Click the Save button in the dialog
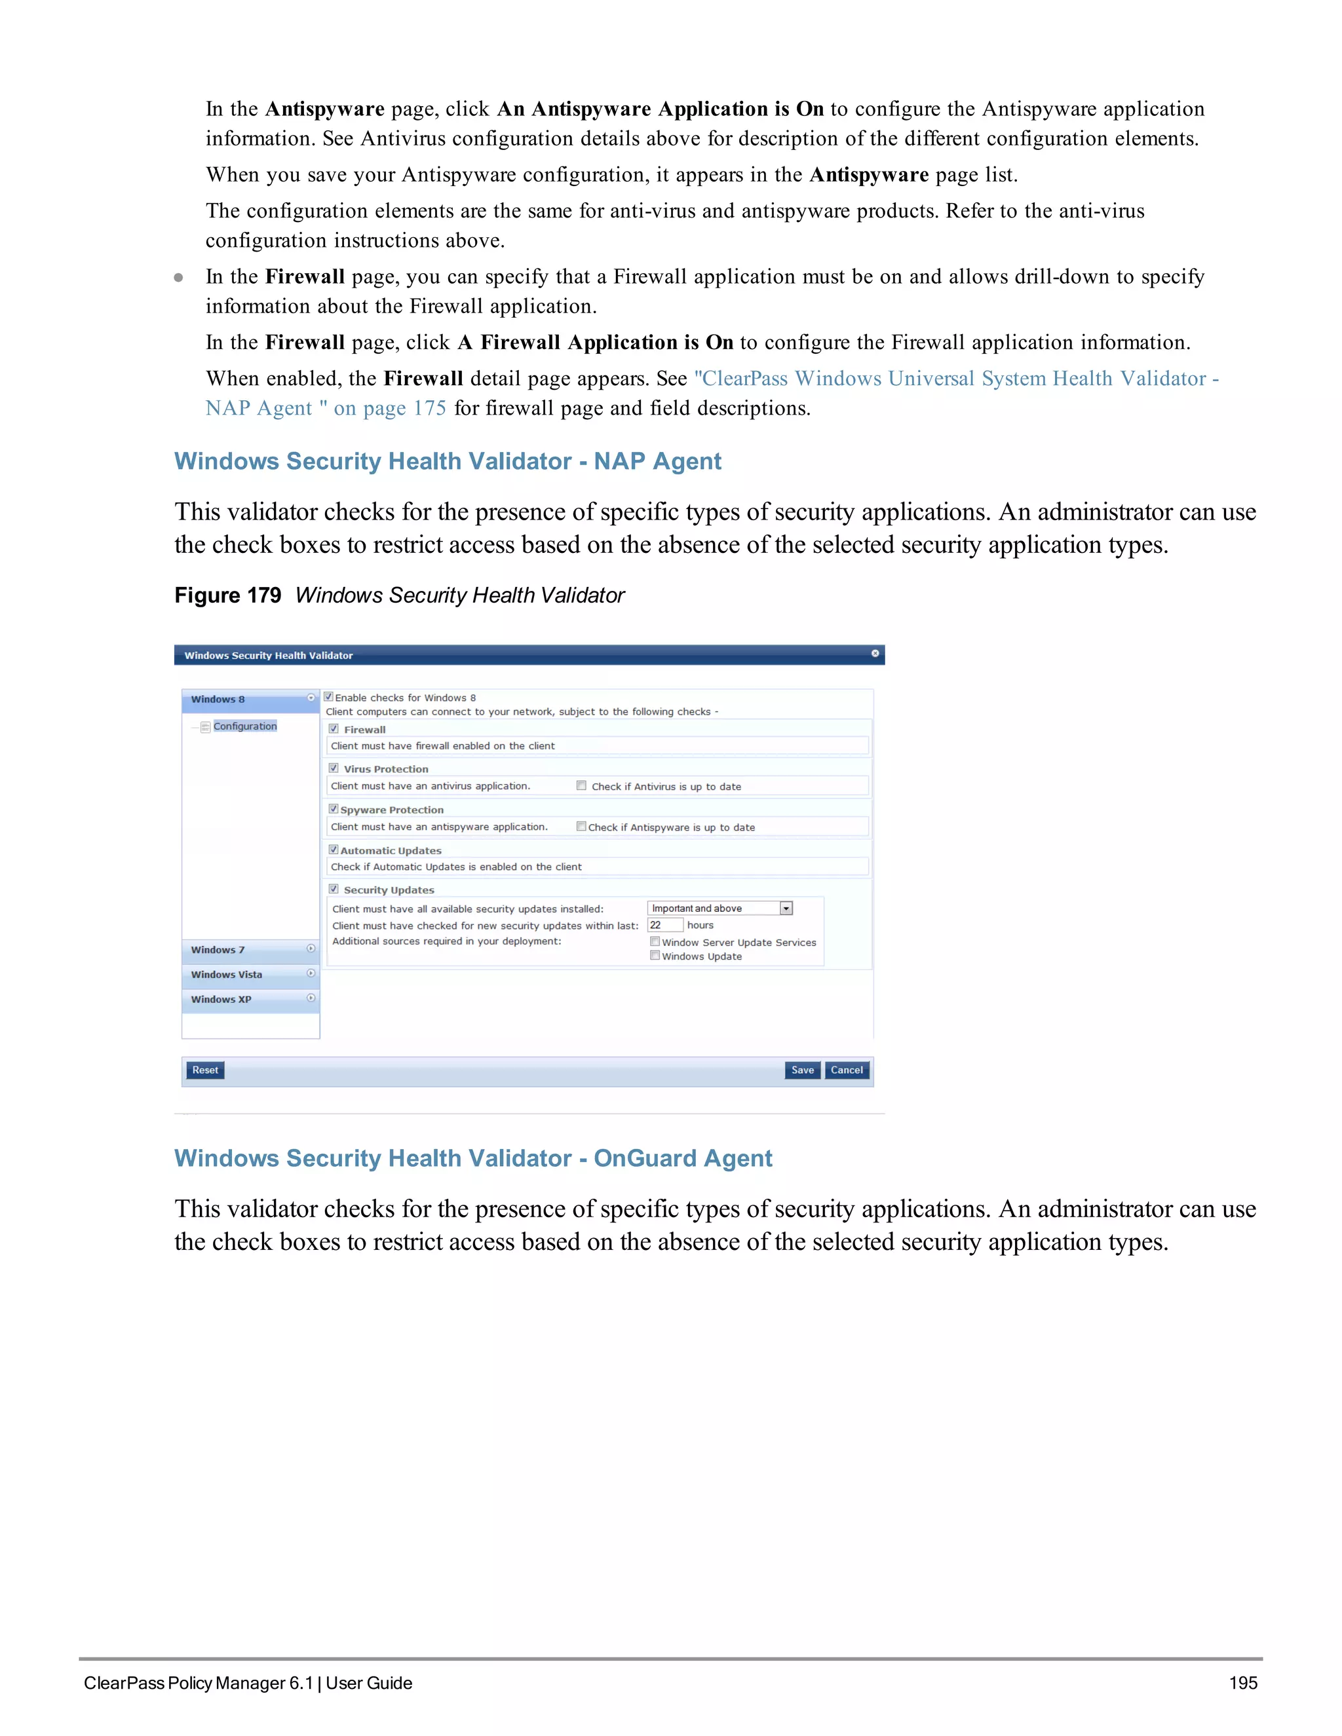pos(802,1070)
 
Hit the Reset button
pos(205,1070)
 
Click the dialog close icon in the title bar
pos(875,653)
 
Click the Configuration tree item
pos(245,726)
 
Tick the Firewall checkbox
pos(334,729)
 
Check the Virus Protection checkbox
pos(334,768)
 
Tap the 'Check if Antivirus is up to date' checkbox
pos(582,785)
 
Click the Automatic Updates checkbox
pos(334,850)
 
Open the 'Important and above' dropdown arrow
pos(786,909)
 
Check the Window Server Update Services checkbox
pos(655,941)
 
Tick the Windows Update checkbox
pos(655,955)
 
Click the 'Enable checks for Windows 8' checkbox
pos(329,697)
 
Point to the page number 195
pos(1242,1683)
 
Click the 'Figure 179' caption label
pos(227,595)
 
